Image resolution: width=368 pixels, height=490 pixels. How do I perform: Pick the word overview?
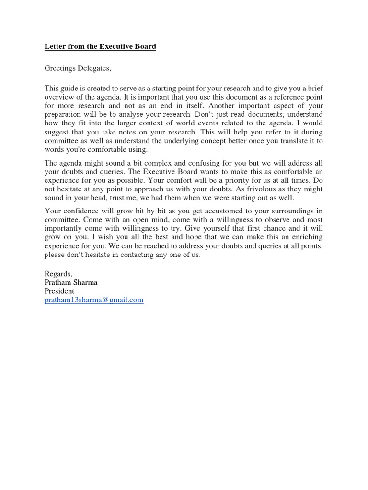pyautogui.click(x=59, y=97)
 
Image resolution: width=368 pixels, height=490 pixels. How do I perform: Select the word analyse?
pyautogui.click(x=133, y=115)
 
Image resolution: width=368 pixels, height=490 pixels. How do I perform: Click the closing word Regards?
pyautogui.click(x=58, y=274)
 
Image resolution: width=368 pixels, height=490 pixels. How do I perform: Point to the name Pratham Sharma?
pyautogui.click(x=71, y=282)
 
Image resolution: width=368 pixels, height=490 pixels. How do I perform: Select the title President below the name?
pyautogui.click(x=59, y=291)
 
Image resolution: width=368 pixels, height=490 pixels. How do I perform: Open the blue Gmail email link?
pyautogui.click(x=94, y=300)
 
